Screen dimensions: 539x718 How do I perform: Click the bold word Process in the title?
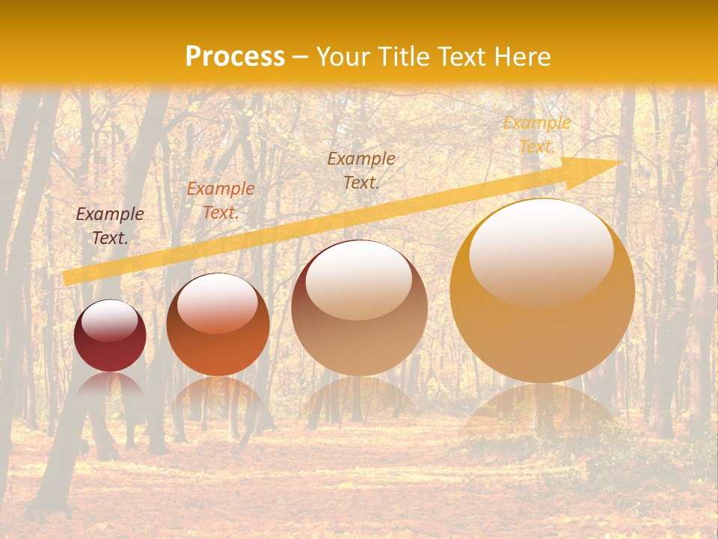235,57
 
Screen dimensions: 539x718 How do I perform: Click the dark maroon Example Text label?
110,225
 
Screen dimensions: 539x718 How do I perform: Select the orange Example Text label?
220,201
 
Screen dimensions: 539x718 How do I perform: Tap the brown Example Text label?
361,170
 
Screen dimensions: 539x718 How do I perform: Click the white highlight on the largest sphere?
541,251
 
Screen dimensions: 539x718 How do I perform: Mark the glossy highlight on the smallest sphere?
110,320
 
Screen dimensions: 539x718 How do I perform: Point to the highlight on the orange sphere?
218,302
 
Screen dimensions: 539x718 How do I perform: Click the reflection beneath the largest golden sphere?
542,412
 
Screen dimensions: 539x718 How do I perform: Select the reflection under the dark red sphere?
110,386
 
